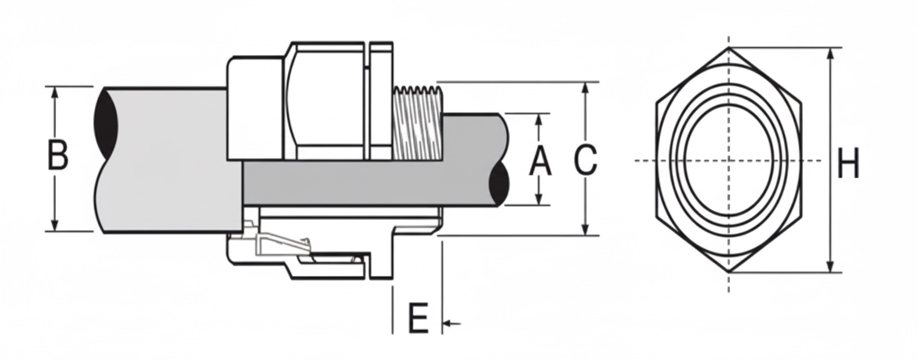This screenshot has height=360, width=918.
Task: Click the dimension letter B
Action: click(57, 155)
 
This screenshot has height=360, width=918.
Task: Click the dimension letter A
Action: click(540, 161)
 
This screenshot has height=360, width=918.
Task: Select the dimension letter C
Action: click(586, 160)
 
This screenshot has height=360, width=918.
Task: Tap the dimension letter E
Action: click(417, 319)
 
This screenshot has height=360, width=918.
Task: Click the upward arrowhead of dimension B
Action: click(55, 92)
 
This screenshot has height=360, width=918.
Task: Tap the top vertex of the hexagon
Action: click(730, 48)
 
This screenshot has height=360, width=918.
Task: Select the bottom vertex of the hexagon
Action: click(730, 272)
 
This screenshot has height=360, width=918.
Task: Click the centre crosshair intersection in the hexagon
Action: click(730, 161)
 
